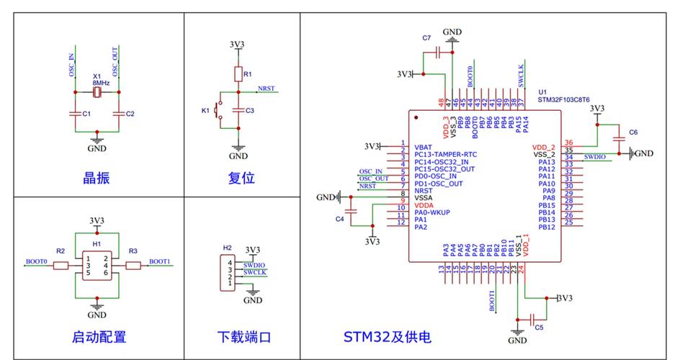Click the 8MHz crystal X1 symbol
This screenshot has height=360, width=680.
(x=97, y=92)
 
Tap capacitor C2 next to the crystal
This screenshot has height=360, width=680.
(x=118, y=114)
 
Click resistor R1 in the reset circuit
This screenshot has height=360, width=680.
(x=238, y=74)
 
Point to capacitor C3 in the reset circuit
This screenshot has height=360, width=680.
(x=238, y=110)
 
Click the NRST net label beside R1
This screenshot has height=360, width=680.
(x=266, y=89)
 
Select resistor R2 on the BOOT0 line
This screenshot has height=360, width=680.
(x=61, y=266)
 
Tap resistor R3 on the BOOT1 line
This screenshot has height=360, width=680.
(x=133, y=266)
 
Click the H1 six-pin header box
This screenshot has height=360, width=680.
(x=97, y=266)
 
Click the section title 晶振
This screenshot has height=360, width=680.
(x=97, y=178)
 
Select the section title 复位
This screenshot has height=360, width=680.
(x=241, y=178)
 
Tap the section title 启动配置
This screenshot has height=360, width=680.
(x=99, y=336)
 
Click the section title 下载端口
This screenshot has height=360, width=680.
(x=244, y=336)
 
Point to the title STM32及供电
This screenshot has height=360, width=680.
(x=387, y=336)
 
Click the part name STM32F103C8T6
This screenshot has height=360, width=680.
(x=563, y=100)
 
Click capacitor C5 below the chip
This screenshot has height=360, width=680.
(x=532, y=318)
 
